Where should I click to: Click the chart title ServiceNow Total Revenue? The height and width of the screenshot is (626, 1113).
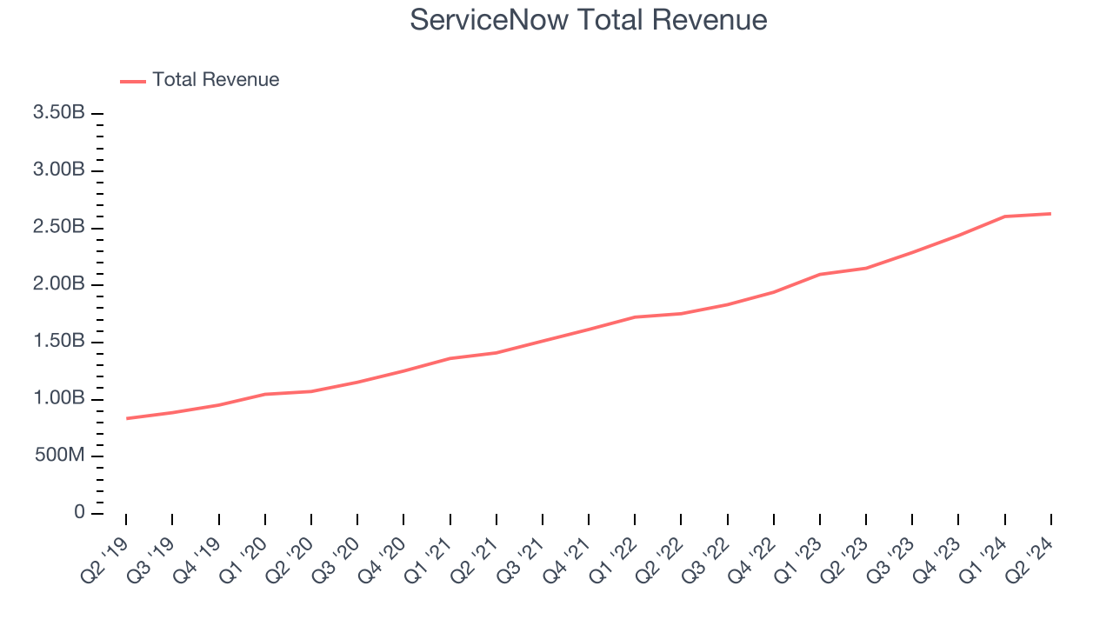pyautogui.click(x=589, y=20)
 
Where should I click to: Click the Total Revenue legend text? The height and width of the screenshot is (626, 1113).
pyautogui.click(x=216, y=80)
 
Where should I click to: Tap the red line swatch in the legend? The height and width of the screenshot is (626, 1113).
pyautogui.click(x=133, y=81)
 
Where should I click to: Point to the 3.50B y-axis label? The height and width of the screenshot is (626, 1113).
pyautogui.click(x=58, y=113)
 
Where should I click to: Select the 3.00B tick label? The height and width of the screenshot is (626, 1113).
pyautogui.click(x=58, y=170)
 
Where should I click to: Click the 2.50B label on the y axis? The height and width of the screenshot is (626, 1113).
pyautogui.click(x=58, y=227)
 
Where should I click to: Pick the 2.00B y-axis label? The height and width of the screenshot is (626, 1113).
pyautogui.click(x=58, y=284)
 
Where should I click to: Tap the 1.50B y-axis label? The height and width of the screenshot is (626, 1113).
pyautogui.click(x=58, y=341)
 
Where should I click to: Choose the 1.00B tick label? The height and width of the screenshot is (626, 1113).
pyautogui.click(x=58, y=398)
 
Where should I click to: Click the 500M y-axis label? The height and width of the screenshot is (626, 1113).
pyautogui.click(x=60, y=456)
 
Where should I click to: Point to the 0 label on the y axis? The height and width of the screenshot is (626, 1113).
pyautogui.click(x=80, y=513)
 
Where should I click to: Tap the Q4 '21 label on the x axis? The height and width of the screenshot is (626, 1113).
pyautogui.click(x=568, y=556)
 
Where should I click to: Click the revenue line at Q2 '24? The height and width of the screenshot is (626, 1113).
pyautogui.click(x=1050, y=214)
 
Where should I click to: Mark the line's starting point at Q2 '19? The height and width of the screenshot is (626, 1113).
pyautogui.click(x=126, y=418)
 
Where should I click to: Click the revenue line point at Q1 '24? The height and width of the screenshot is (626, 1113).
pyautogui.click(x=1004, y=216)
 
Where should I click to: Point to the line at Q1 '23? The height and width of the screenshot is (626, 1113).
pyautogui.click(x=820, y=274)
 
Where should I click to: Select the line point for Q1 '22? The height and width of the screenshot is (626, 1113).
pyautogui.click(x=635, y=316)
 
